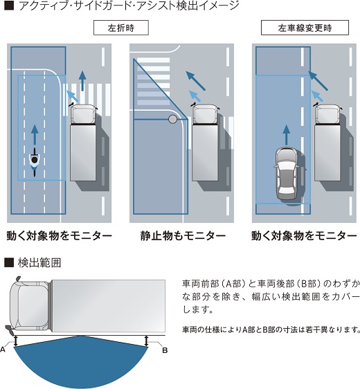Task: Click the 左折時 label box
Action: pyautogui.click(x=121, y=28)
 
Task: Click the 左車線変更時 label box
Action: pyautogui.click(x=305, y=28)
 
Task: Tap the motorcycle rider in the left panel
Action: pyautogui.click(x=35, y=162)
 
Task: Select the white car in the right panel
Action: pyautogui.click(x=287, y=174)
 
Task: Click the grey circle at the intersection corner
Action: pyautogui.click(x=172, y=119)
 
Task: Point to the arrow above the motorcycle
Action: pyautogui.click(x=35, y=135)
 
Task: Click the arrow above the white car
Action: pyautogui.click(x=287, y=135)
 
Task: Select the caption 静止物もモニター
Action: pyautogui.click(x=183, y=235)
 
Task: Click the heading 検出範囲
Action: pyautogui.click(x=39, y=263)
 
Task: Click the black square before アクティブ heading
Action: pyautogui.click(x=9, y=6)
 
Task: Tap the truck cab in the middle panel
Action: pyautogui.click(x=205, y=114)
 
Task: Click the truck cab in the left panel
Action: pyautogui.click(x=82, y=114)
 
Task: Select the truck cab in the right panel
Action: pyautogui.click(x=327, y=114)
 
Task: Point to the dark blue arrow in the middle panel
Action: pyautogui.click(x=196, y=80)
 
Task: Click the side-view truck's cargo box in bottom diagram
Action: pyautogui.click(x=109, y=306)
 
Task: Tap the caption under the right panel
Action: pyautogui.click(x=304, y=235)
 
